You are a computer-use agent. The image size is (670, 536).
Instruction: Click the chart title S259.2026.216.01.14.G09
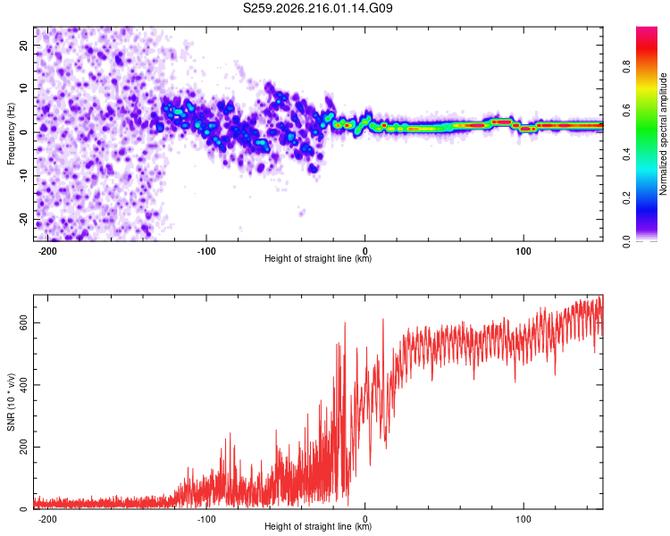point(317,8)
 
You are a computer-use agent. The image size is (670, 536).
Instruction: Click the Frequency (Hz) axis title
point(11,134)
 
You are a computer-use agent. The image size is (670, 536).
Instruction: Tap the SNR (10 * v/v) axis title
point(11,402)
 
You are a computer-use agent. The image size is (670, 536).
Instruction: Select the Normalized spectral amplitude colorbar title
point(663,134)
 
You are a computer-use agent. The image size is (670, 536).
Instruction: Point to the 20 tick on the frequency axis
point(23,45)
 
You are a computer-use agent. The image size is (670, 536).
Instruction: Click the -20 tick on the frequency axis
point(23,219)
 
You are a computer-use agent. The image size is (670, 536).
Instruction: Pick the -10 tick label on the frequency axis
point(23,175)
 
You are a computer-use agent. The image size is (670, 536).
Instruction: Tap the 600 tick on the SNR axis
point(23,322)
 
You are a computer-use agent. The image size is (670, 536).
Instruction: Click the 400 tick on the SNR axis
point(23,385)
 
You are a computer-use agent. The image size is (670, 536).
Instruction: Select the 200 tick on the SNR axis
point(23,447)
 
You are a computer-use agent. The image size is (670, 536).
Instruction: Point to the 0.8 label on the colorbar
point(626,66)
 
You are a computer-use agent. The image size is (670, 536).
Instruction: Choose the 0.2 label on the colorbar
point(626,198)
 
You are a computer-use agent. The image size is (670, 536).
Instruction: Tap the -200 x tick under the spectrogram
point(47,251)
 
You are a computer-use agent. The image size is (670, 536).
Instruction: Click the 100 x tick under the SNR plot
point(523,519)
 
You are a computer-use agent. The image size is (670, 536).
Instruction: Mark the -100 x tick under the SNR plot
point(206,519)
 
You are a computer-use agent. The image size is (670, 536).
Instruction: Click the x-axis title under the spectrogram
point(318,258)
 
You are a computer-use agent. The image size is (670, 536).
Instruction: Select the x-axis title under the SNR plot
point(318,526)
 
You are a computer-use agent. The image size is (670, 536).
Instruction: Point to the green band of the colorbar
point(647,137)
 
